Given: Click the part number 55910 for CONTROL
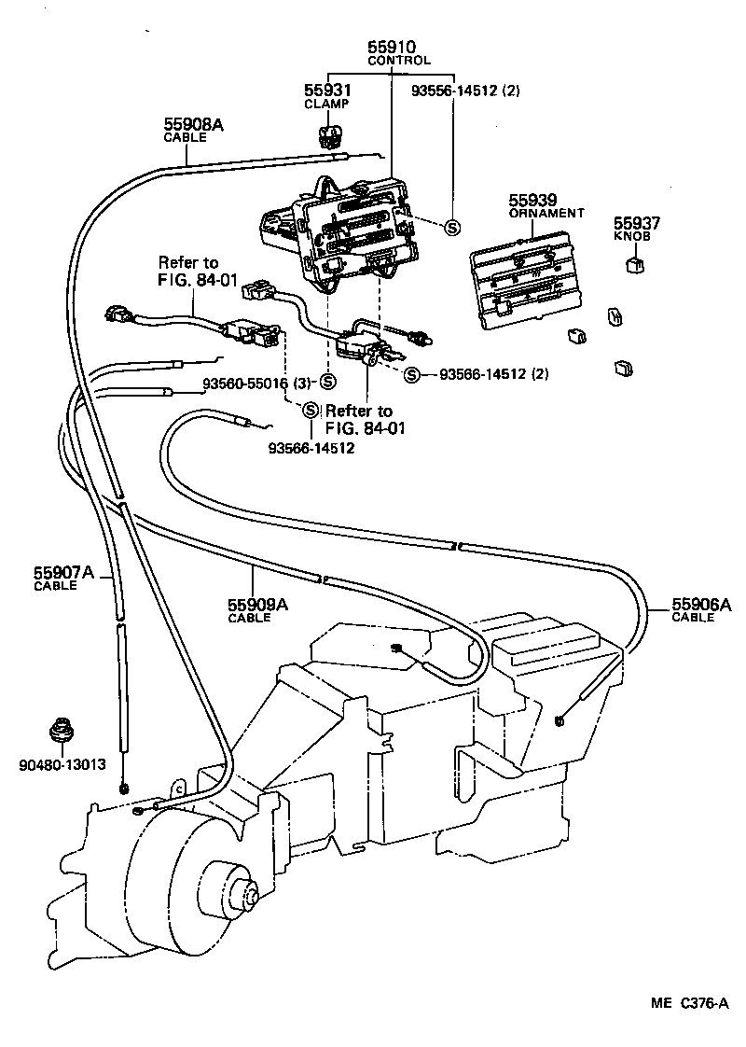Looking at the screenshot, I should [x=393, y=46].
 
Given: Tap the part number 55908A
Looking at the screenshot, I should [x=194, y=123].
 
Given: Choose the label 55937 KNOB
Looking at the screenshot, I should [x=637, y=229].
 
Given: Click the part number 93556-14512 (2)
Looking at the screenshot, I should [x=465, y=91].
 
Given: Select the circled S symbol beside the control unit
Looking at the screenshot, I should [x=452, y=227].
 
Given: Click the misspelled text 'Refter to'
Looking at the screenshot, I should [x=359, y=411].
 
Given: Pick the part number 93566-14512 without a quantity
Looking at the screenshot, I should [x=311, y=448].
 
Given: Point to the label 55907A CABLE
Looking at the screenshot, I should [x=64, y=578].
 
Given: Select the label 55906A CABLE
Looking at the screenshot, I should [x=701, y=609].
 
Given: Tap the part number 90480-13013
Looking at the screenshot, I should [x=61, y=764].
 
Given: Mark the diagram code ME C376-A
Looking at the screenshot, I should [x=687, y=1003].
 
